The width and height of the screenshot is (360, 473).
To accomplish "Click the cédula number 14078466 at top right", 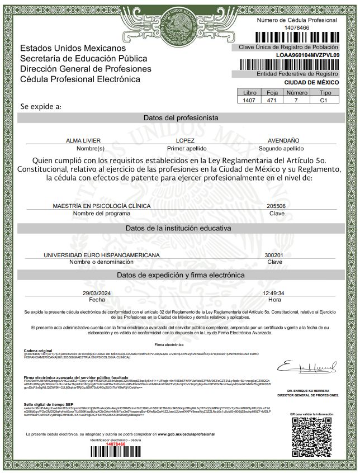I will (x=297, y=27).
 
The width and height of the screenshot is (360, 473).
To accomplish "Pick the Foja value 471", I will (x=272, y=101).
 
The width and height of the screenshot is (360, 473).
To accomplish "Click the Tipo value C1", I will (x=323, y=101).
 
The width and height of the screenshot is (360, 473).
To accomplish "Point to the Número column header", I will (x=297, y=93).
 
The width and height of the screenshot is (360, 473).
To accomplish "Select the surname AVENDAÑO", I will (x=283, y=140).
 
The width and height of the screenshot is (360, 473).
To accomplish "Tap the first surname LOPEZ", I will (x=185, y=140).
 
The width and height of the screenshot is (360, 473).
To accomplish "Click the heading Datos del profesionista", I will (x=181, y=118).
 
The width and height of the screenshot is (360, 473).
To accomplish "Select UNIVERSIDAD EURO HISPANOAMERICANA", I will (x=102, y=254).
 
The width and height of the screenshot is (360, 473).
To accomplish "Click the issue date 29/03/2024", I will (x=97, y=293).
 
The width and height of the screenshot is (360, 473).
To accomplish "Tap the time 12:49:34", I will (x=273, y=293).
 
